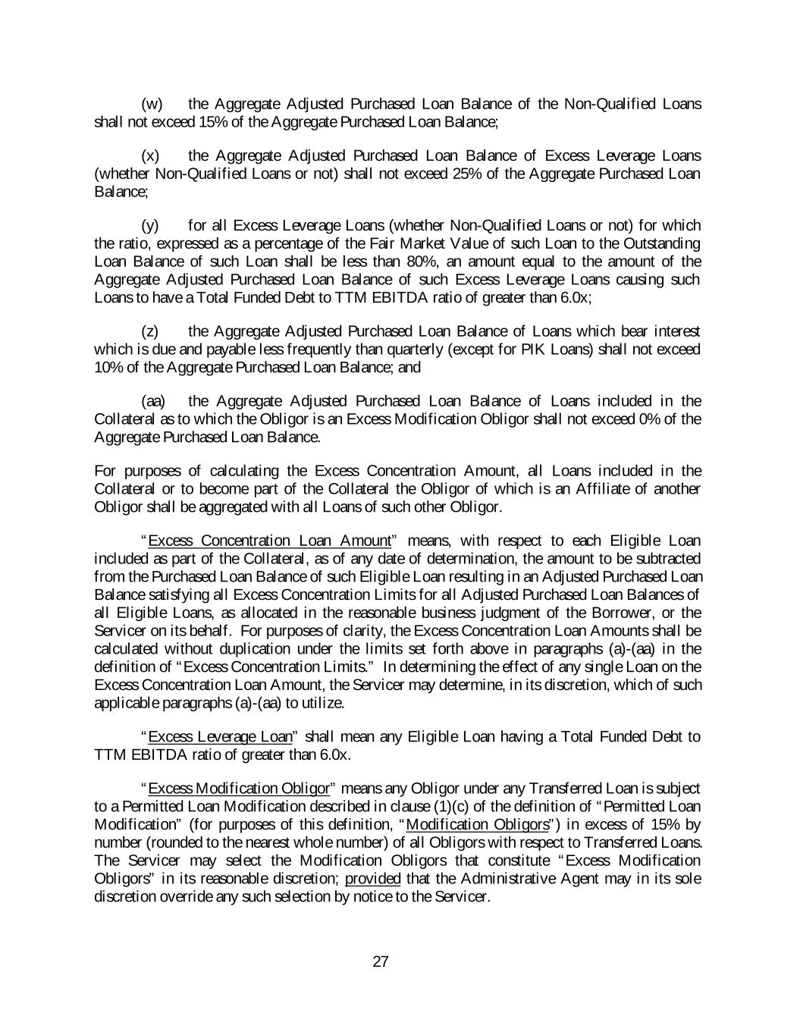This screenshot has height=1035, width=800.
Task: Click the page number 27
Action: point(381,962)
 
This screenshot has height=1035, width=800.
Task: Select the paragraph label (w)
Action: point(152,104)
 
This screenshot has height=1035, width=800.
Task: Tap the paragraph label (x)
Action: point(151,156)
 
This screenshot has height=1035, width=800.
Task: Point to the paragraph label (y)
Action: point(151,226)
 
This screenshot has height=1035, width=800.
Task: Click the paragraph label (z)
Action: point(151,331)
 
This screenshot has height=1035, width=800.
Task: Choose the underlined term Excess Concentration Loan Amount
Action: point(270,541)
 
